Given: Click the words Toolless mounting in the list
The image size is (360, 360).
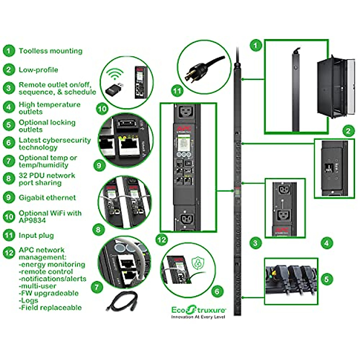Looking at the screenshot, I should pos(50,51).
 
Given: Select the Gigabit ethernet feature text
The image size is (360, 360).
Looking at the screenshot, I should pos(47,198).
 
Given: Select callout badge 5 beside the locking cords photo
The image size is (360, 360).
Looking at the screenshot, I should pos(327,279).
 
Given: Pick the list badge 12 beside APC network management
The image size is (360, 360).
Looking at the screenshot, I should pos(9,253).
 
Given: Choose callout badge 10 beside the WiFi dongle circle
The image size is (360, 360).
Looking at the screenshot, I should pos(102,108).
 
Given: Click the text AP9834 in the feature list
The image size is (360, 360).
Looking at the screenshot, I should pos(32,220).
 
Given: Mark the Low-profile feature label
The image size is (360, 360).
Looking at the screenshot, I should pos(38,70).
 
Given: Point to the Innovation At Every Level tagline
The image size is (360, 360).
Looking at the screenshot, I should pos(198,317).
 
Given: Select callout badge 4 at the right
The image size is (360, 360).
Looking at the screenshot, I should pos(327,243).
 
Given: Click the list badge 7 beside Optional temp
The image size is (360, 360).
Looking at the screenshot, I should pos(9,161).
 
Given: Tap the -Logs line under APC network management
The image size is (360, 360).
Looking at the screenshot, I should pos(29,300).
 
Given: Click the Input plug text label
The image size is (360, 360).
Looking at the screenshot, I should pos(36,235).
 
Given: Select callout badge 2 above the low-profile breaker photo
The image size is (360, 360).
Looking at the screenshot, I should pos(348,131).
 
